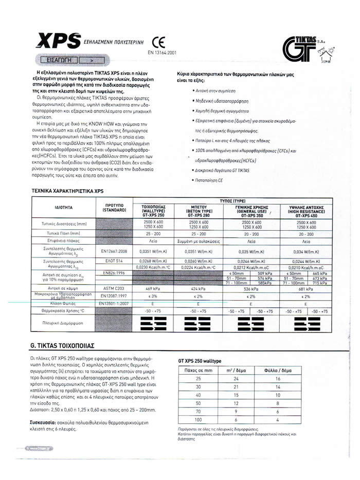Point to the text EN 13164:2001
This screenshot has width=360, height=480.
click(x=161, y=52)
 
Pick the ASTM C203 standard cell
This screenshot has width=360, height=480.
click(x=115, y=289)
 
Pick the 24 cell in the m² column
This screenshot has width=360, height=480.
click(x=236, y=379)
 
